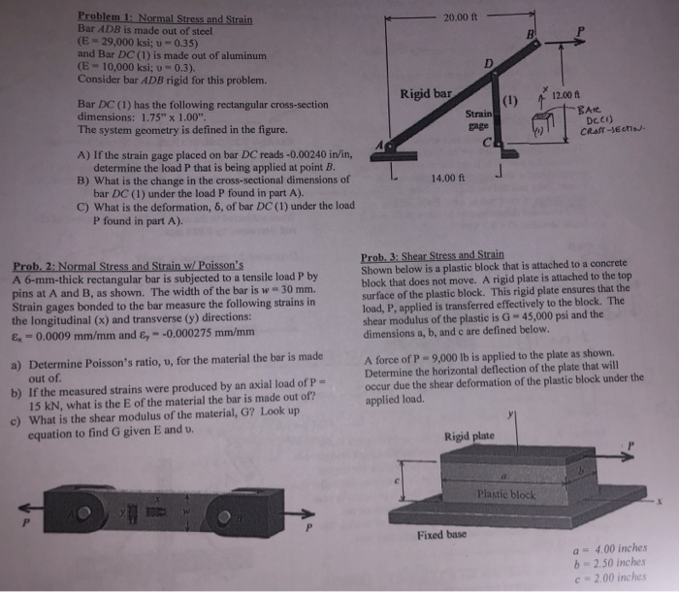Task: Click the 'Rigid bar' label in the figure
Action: point(427,94)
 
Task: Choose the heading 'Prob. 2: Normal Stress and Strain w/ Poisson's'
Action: point(128,264)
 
